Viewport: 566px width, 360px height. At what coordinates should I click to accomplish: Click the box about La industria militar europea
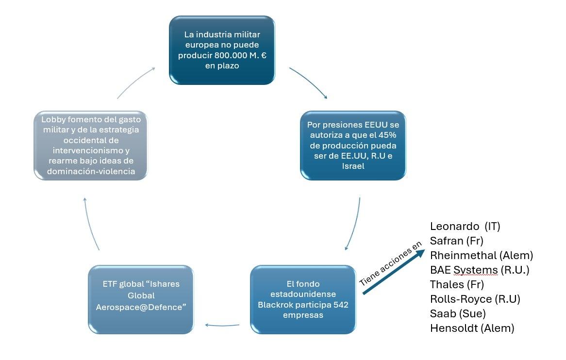222,50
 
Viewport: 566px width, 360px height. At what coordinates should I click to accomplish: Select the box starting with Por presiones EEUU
353,145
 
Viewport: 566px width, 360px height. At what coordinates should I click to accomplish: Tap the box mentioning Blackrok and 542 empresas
303,299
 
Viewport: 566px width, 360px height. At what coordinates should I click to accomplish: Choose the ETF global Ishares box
141,299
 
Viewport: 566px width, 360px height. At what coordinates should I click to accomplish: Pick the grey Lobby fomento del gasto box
90,145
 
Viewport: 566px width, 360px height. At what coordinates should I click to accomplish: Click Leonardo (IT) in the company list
465,226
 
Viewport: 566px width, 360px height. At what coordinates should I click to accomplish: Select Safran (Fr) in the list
456,241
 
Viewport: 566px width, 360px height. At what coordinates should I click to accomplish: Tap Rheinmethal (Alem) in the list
481,255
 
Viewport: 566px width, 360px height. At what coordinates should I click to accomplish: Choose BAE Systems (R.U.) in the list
479,270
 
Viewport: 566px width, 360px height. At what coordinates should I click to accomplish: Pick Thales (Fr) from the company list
457,284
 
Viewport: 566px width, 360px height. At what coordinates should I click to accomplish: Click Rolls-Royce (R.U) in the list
475,299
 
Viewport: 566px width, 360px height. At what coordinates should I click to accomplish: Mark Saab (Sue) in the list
458,313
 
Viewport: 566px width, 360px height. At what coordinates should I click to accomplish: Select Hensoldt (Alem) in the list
471,328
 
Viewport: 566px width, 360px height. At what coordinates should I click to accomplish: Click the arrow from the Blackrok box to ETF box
222,325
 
